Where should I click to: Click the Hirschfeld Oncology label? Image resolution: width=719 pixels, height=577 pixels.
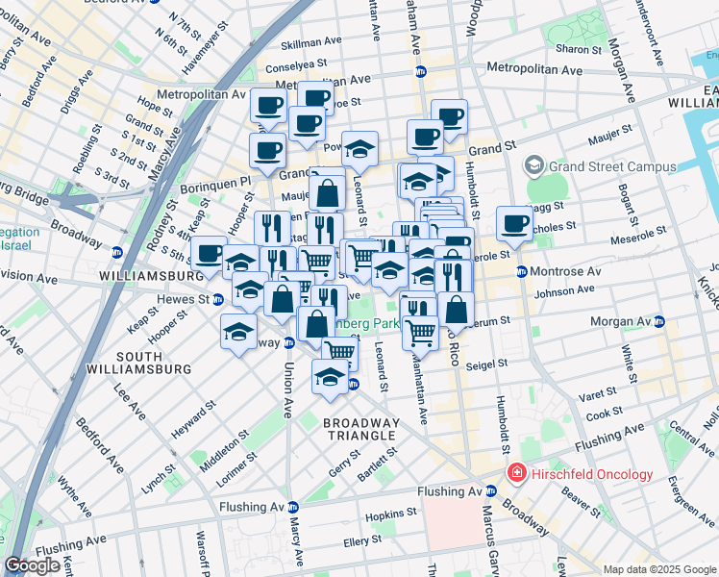click(590, 474)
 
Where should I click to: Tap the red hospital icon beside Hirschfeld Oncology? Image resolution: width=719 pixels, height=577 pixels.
click(516, 474)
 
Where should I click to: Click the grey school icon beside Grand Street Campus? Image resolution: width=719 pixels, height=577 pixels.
click(535, 165)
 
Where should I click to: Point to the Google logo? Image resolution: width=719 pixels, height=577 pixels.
click(32, 565)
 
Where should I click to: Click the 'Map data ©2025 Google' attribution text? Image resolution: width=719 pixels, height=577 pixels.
click(659, 569)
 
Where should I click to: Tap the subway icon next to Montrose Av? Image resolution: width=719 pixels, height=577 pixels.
click(522, 272)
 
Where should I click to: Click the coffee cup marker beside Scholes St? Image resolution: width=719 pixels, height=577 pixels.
click(515, 224)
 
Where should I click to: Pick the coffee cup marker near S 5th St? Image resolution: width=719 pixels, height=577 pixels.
click(209, 254)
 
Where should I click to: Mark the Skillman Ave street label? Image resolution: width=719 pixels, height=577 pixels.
click(310, 42)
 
